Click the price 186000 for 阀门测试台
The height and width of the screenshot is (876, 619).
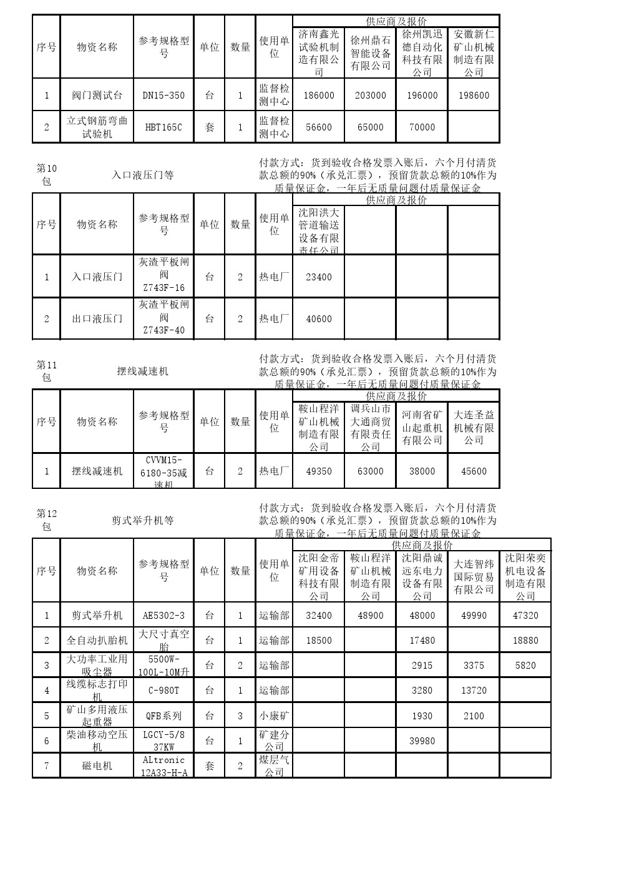pos(319,96)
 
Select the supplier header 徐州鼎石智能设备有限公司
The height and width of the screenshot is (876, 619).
pos(370,53)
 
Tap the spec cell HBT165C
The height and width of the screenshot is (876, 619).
pos(163,127)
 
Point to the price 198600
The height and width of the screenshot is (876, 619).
pos(474,96)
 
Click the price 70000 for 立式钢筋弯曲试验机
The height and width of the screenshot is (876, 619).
pos(422,127)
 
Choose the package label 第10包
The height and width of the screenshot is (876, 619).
pos(46,175)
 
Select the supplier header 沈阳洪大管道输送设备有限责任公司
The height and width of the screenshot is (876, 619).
pos(319,231)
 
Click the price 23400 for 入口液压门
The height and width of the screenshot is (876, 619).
pos(319,277)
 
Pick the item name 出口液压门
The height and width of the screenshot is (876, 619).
pos(97,318)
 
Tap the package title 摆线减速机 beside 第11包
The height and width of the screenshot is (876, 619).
pos(143,371)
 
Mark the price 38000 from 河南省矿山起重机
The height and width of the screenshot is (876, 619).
pos(422,471)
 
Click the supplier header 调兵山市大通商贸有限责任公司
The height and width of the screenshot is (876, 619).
pos(370,428)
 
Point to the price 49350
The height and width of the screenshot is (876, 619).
pos(319,471)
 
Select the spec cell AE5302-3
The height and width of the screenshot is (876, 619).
pos(163,615)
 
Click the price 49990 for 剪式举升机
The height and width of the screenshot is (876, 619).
pos(474,615)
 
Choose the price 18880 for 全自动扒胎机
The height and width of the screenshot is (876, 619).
pos(525,640)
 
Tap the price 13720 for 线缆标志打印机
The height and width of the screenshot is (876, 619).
pos(474,690)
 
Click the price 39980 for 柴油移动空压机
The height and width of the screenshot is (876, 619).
pos(422,741)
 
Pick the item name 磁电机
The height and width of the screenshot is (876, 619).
pos(97,765)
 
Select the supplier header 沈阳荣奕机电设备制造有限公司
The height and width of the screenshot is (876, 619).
pos(525,577)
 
